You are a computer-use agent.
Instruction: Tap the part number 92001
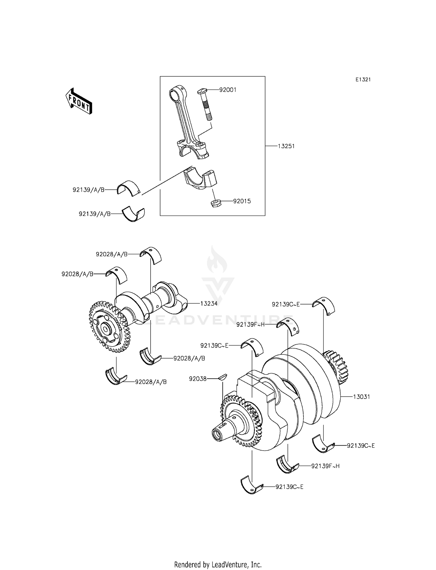click(x=228, y=90)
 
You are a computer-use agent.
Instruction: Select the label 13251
click(x=286, y=146)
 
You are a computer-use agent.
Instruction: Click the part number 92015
click(x=242, y=201)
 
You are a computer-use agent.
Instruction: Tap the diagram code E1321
click(x=363, y=80)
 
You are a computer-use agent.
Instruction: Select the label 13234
click(x=209, y=304)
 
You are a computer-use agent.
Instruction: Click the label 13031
click(x=361, y=397)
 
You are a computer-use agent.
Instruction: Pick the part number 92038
click(x=198, y=379)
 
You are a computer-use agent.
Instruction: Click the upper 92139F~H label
click(x=250, y=325)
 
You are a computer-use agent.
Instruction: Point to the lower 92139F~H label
click(x=325, y=466)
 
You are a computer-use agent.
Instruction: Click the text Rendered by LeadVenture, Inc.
click(x=218, y=565)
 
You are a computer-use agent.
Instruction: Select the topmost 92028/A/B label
click(x=112, y=254)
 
